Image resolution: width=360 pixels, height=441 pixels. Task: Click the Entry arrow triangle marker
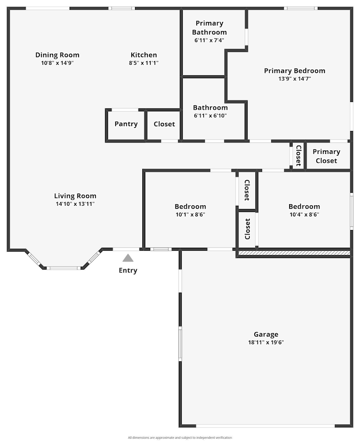[128, 258]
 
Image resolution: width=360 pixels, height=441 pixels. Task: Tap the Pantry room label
[126, 124]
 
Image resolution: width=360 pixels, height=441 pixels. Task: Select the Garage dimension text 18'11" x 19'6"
[266, 343]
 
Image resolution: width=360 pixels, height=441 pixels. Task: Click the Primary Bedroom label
[294, 71]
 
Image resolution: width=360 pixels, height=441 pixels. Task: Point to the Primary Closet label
[326, 156]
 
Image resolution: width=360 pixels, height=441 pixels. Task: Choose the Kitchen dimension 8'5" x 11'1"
[143, 63]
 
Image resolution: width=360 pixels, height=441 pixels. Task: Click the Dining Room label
[57, 55]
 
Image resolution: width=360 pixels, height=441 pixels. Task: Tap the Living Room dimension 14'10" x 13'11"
[75, 204]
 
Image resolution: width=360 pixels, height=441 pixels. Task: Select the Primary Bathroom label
[209, 28]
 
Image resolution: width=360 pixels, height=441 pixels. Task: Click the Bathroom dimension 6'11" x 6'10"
[210, 116]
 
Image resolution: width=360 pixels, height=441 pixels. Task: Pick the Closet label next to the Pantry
[164, 124]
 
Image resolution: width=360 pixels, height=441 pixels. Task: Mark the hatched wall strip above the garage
[294, 253]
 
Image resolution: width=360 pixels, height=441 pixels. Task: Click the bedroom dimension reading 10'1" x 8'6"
[190, 215]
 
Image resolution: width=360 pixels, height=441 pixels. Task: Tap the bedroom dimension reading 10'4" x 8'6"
[304, 215]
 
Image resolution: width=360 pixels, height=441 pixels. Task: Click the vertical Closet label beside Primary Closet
[298, 155]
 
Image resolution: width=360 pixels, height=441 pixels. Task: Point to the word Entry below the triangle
[128, 271]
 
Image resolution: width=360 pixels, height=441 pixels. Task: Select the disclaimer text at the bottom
[180, 438]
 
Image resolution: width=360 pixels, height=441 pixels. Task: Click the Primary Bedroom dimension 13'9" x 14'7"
[294, 79]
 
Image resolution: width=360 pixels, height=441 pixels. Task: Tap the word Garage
[266, 334]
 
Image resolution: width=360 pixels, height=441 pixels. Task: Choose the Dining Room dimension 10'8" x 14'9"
[57, 63]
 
